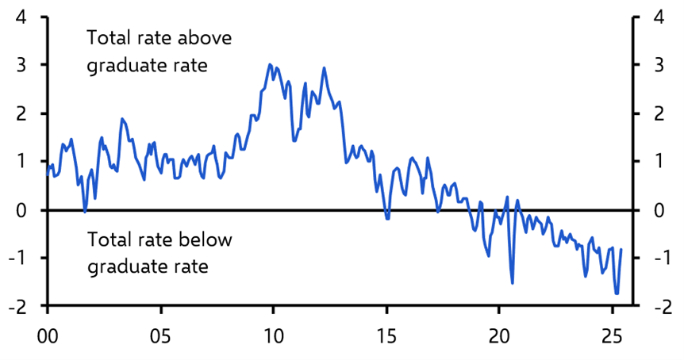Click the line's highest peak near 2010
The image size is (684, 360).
[x=270, y=65]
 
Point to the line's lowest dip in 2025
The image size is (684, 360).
[x=617, y=293]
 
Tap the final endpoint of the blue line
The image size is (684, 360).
[x=621, y=249]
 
